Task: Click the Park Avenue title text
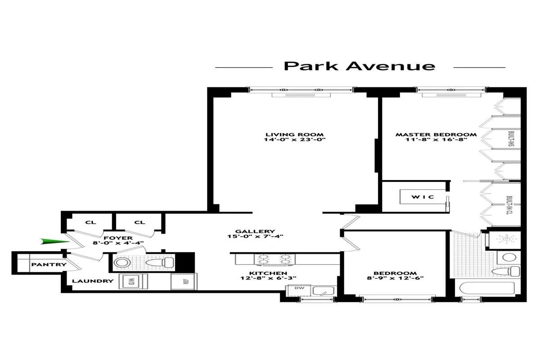point(360,66)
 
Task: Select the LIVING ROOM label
point(295,135)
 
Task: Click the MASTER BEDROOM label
point(436,135)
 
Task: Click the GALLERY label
point(257,231)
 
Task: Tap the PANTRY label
point(49,265)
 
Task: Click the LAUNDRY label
point(93,281)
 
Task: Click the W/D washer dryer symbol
point(131,282)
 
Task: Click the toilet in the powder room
point(160,262)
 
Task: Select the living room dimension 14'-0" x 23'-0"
point(295,140)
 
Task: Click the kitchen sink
point(323,291)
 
